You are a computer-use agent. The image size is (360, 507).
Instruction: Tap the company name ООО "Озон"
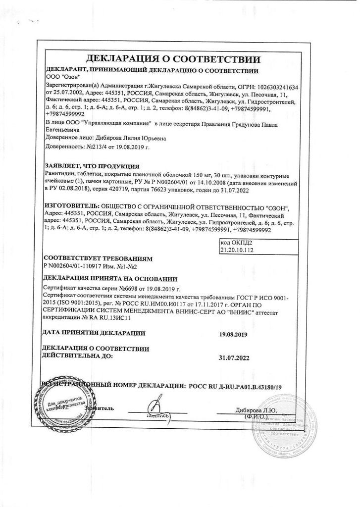pyautogui.click(x=61, y=77)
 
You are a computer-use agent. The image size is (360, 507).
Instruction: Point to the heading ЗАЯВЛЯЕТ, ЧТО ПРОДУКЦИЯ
pyautogui.click(x=92, y=166)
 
